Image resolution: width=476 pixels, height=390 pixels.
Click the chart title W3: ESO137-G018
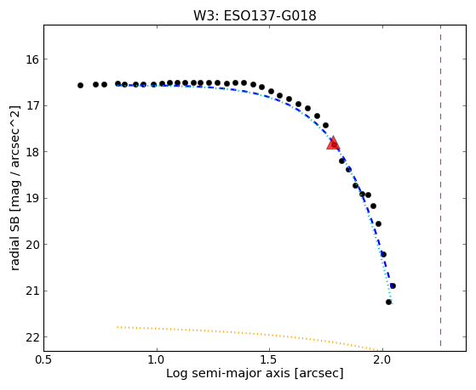(x=255, y=15)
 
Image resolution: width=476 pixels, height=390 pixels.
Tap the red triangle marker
(x=333, y=144)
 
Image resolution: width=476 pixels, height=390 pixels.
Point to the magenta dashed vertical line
(x=440, y=185)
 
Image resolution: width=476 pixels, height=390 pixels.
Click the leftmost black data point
(x=80, y=86)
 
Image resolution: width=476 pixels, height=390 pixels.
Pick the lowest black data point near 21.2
(x=388, y=302)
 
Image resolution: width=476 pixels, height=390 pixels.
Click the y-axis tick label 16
(x=32, y=59)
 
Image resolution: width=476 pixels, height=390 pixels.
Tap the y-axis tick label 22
(x=32, y=337)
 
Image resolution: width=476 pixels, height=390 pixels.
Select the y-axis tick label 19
(x=32, y=199)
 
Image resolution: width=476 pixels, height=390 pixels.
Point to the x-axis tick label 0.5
(x=44, y=360)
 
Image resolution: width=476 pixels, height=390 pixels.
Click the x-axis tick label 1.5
(x=270, y=360)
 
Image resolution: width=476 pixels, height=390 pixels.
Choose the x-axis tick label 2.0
(x=383, y=360)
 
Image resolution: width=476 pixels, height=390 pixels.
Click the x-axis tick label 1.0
(x=157, y=360)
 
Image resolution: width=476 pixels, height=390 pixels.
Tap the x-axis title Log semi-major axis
(x=228, y=373)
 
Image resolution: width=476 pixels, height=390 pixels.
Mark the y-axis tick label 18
(x=32, y=152)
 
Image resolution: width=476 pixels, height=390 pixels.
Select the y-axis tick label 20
(x=32, y=245)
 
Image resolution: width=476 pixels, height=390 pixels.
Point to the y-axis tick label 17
(x=32, y=105)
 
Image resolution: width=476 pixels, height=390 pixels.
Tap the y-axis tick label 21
(x=32, y=291)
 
